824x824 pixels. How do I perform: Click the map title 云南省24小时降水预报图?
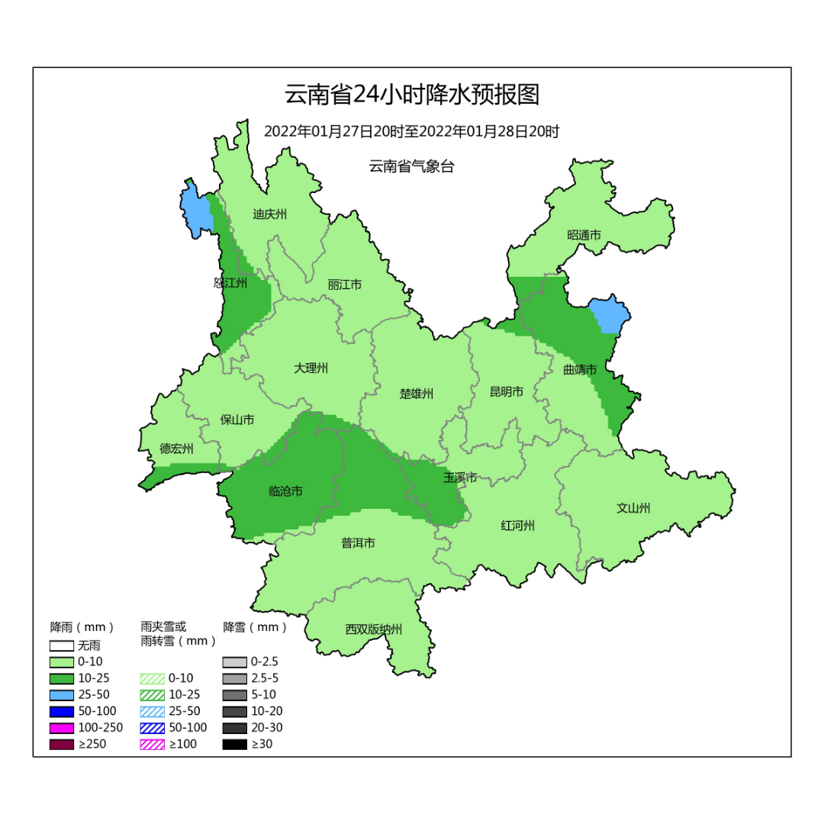pyautogui.click(x=411, y=95)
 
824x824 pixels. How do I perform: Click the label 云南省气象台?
pyautogui.click(x=411, y=166)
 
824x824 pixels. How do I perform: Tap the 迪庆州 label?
pyautogui.click(x=269, y=214)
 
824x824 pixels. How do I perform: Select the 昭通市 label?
pyautogui.click(x=584, y=235)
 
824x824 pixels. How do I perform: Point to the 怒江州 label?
pyautogui.click(x=230, y=283)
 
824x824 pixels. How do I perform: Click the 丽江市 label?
pyautogui.click(x=344, y=285)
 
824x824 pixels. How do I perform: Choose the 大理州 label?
pyautogui.click(x=311, y=368)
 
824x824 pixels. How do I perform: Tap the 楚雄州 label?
pyautogui.click(x=417, y=394)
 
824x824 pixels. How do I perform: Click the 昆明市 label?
pyautogui.click(x=507, y=391)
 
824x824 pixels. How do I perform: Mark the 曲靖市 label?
pyautogui.click(x=580, y=369)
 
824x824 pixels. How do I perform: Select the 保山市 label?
pyautogui.click(x=237, y=420)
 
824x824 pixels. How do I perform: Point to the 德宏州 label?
pyautogui.click(x=176, y=449)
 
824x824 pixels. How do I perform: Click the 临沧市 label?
pyautogui.click(x=286, y=491)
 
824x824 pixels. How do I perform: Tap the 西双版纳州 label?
pyautogui.click(x=373, y=629)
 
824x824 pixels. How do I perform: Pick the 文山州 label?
pyautogui.click(x=633, y=508)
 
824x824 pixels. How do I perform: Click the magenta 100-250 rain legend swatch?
pyautogui.click(x=62, y=728)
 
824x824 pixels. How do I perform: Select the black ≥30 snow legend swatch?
pyautogui.click(x=235, y=744)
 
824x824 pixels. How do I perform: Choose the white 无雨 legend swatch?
pyautogui.click(x=62, y=645)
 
